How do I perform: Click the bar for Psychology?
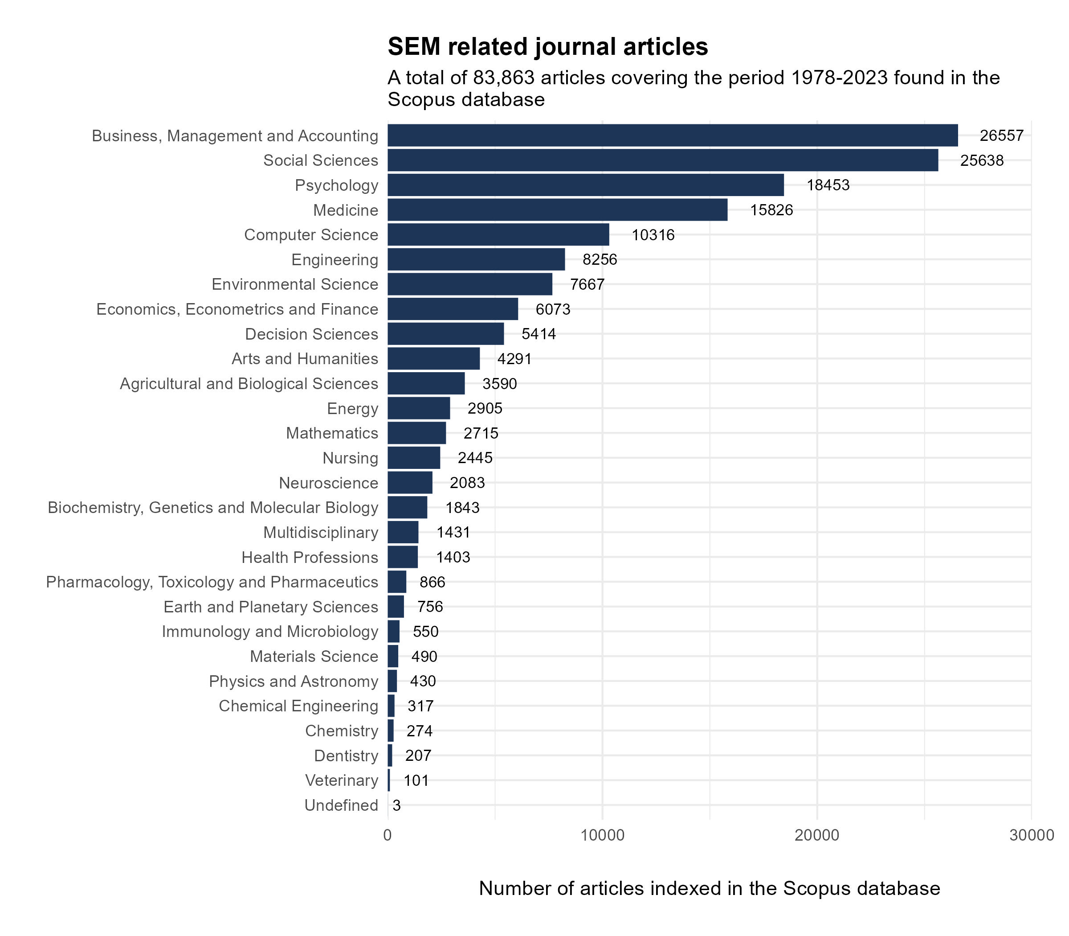[x=585, y=185]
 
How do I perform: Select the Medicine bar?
[x=557, y=210]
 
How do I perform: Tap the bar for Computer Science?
[x=498, y=234]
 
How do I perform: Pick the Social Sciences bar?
[x=662, y=160]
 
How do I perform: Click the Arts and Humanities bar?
[x=433, y=359]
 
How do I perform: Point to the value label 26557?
[x=1001, y=136]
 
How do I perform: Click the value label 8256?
[x=600, y=259]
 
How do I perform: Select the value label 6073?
[x=553, y=309]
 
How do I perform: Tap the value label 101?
[x=416, y=780]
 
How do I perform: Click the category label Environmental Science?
[x=294, y=284]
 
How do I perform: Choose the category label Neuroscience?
[x=328, y=483]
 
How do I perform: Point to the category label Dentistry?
[x=346, y=756]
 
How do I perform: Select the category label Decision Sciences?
[x=312, y=334]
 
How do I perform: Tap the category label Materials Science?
[x=314, y=657]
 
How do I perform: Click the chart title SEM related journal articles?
[x=547, y=46]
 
